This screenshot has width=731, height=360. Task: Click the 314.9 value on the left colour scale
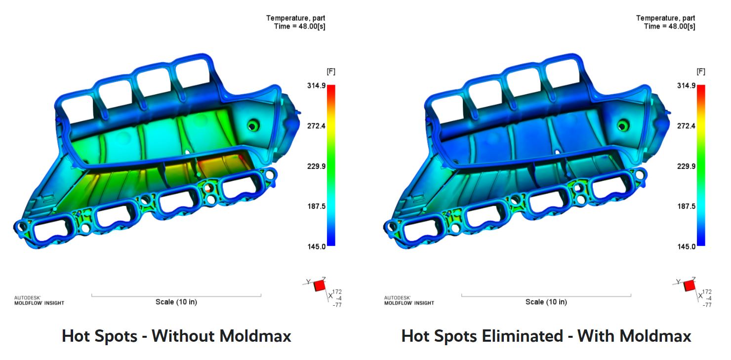coord(316,85)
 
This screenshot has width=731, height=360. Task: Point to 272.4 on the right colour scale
coord(686,126)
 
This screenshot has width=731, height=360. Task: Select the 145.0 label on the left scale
coord(316,246)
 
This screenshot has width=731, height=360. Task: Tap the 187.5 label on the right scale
coord(686,206)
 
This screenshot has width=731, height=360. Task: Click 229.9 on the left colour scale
coord(316,166)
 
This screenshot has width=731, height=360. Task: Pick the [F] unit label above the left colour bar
coord(331,72)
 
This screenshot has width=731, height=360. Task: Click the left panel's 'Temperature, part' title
coord(296,18)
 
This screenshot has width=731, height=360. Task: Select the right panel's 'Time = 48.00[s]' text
coord(670,27)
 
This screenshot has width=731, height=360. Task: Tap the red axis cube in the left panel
coord(320,285)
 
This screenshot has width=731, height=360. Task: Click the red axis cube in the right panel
coord(690,285)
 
